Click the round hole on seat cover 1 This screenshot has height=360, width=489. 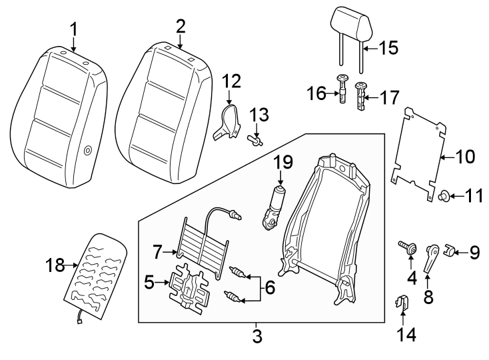pyautogui.click(x=89, y=151)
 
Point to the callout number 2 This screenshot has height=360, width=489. pyautogui.click(x=181, y=26)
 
